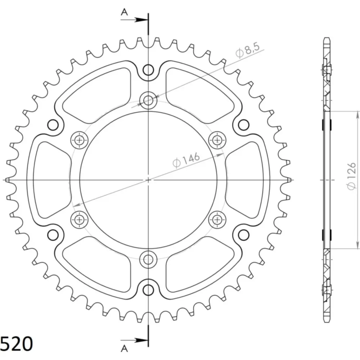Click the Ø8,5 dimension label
tap(248, 50)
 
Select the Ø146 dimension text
tap(186, 160)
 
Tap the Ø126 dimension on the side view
tap(351, 176)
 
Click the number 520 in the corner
tap(17, 343)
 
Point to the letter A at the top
tap(124, 12)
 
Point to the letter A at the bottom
tap(124, 348)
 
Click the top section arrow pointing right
tap(134, 20)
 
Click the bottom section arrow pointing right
tap(134, 340)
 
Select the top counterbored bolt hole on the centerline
tap(148, 100)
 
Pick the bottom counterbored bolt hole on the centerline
tap(148, 260)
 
